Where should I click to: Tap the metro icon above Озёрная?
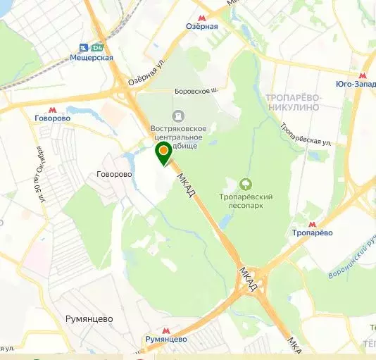[202, 17]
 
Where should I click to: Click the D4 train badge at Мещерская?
[98, 47]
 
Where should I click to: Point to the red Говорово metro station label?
[52, 118]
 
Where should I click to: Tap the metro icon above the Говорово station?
[52, 108]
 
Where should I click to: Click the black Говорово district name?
[114, 174]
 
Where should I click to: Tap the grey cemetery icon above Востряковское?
[177, 116]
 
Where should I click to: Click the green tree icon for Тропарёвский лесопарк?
[246, 185]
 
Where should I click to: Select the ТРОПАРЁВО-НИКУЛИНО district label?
[293, 101]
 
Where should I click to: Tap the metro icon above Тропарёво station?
[312, 223]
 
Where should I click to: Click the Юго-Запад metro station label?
[356, 85]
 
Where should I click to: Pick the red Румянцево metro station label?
[166, 339]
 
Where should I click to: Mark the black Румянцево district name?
[89, 318]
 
